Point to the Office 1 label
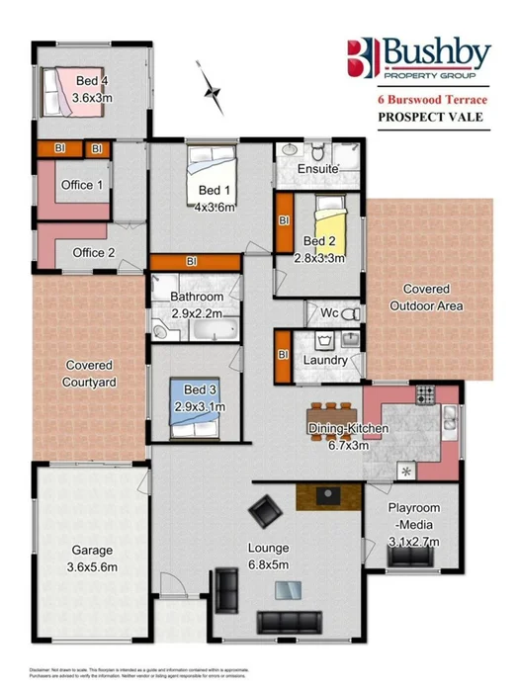point(82,185)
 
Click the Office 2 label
point(94,253)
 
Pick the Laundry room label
point(326,361)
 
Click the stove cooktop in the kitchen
point(425,395)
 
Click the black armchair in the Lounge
point(264,512)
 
